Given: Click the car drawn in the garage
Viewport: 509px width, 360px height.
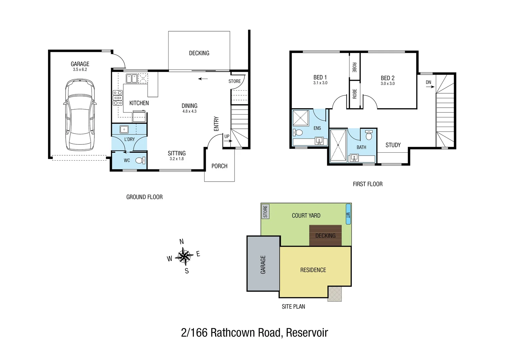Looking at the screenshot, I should pos(80,115).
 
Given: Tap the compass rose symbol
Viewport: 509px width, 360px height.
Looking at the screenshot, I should pos(184,256).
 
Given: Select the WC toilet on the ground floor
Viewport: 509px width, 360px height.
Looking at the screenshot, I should pos(140,160).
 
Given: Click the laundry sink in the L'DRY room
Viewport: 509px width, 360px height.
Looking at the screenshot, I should pos(124,129).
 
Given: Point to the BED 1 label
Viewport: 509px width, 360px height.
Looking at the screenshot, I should pos(320,77).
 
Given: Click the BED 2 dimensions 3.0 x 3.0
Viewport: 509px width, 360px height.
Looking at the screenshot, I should pos(387,84).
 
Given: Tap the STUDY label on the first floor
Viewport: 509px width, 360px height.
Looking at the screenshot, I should pos(393,145).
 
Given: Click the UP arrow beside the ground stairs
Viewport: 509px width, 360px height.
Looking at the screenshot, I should pos(228,141).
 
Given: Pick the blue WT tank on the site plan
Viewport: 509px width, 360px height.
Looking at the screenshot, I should pos(348,214).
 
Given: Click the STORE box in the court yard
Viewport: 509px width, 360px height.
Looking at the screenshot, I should pos(265,211).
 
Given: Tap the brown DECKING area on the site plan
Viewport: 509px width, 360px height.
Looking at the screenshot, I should pos(325,236).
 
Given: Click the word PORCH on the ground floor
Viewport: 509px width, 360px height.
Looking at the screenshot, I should pos(219,166).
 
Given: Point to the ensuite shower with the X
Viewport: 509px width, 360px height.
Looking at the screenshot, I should pos(301,118).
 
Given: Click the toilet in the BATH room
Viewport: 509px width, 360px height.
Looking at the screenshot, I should pos(368,135).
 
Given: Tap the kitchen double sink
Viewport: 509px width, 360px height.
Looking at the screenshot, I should pos(131,79).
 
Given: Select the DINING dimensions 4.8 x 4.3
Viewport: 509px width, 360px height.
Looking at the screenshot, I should pos(189,111).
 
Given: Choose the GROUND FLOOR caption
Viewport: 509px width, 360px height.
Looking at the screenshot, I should pos(144,197).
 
